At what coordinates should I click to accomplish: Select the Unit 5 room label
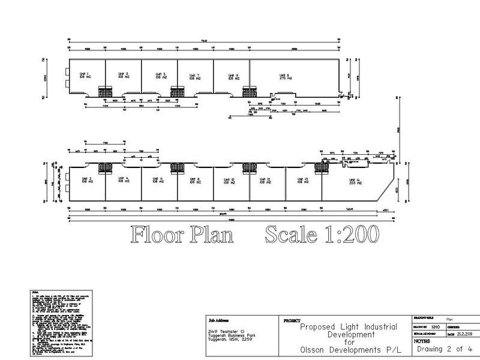(160, 75)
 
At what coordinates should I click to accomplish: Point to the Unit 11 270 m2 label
(284, 76)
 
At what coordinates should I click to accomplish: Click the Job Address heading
(218, 321)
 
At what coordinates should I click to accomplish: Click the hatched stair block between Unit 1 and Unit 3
(106, 92)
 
